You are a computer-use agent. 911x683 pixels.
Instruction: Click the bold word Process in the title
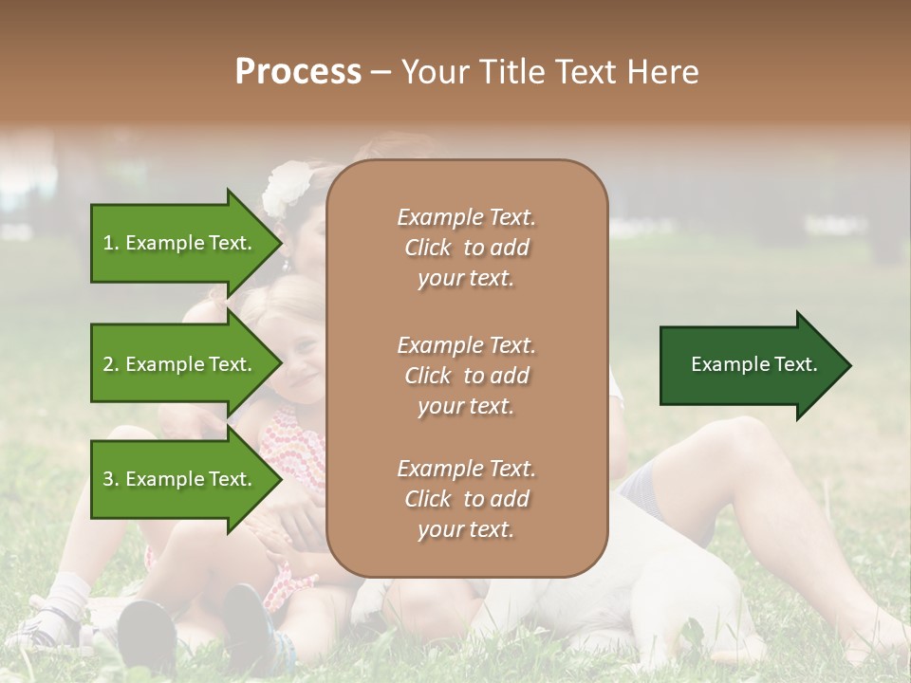298,72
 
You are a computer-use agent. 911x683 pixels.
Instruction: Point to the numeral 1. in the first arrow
110,243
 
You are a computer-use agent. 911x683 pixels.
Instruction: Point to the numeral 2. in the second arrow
110,364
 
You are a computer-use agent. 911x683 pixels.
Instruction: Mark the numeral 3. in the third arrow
110,479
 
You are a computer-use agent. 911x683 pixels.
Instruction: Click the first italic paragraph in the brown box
466,248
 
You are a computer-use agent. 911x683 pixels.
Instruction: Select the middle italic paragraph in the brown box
466,376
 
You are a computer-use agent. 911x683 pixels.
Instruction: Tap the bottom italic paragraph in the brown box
466,499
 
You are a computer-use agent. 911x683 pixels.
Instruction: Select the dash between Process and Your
380,73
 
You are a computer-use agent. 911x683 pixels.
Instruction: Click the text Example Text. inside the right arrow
753,364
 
